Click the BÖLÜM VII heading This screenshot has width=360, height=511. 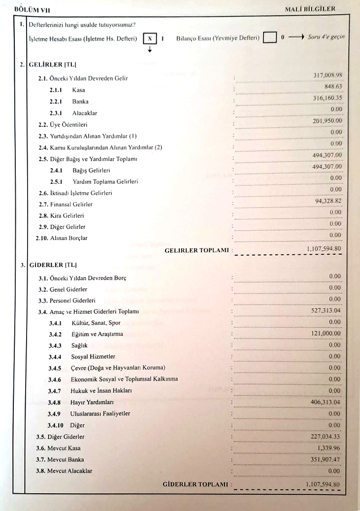[x=33, y=9]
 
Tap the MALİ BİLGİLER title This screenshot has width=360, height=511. [x=310, y=9]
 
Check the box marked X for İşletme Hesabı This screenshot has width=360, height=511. [x=150, y=38]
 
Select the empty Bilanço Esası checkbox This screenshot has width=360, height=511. [x=269, y=38]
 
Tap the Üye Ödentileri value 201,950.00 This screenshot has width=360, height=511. [x=327, y=121]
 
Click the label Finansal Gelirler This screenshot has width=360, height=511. [x=72, y=204]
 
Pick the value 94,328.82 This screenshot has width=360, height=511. [x=328, y=201]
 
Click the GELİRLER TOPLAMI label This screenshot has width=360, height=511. [x=197, y=250]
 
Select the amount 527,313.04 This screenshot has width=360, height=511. [x=326, y=310]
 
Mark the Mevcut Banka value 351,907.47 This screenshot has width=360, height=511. [x=325, y=459]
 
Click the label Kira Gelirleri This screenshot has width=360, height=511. [x=68, y=215]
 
